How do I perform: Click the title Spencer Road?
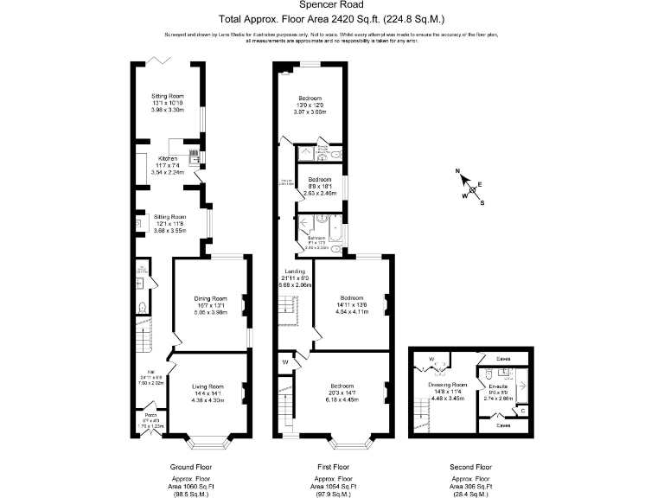pyautogui.click(x=331, y=4)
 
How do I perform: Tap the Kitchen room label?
pyautogui.click(x=168, y=158)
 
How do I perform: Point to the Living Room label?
pyautogui.click(x=207, y=386)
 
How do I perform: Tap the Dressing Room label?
pyautogui.click(x=447, y=384)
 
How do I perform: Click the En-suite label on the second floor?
pyautogui.click(x=499, y=386)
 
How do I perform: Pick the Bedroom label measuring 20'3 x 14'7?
pyautogui.click(x=342, y=386)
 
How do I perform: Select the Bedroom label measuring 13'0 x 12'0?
pyautogui.click(x=311, y=99)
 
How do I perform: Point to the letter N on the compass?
pyautogui.click(x=459, y=170)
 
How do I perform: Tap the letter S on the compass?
pyautogui.click(x=482, y=203)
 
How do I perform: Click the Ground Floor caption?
pyautogui.click(x=191, y=467)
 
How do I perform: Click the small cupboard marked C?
pyautogui.click(x=522, y=410)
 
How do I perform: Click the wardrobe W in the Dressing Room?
pyautogui.click(x=430, y=356)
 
